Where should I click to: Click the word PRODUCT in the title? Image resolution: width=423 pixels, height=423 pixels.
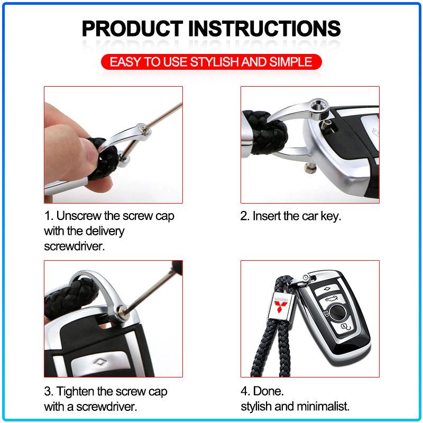coord(133,29)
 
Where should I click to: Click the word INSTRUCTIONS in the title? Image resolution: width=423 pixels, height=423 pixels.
coord(264,29)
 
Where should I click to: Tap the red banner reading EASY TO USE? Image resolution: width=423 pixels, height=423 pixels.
coord(211,62)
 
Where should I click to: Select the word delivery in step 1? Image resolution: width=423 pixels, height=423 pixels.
coord(105,231)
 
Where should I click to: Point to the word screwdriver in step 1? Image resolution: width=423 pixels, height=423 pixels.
coord(73,246)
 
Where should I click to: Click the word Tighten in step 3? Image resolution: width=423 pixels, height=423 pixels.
coord(76,391)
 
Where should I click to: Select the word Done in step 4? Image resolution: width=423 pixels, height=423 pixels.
coord(268,391)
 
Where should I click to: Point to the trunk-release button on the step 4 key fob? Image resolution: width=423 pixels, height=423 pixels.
coord(332,299)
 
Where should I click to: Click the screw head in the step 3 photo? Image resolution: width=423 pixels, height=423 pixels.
coord(122,311)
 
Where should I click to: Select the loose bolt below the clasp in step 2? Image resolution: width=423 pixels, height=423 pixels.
coord(309,168)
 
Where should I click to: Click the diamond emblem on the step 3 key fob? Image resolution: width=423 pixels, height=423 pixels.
coord(100,362)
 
